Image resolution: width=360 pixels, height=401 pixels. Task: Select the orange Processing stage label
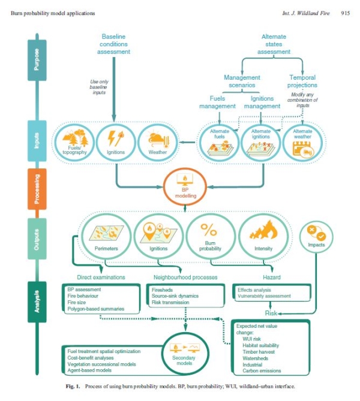tap(35, 189)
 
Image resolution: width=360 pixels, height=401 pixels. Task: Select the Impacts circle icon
tap(317, 236)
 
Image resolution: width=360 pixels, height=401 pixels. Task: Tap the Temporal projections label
tap(302, 81)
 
